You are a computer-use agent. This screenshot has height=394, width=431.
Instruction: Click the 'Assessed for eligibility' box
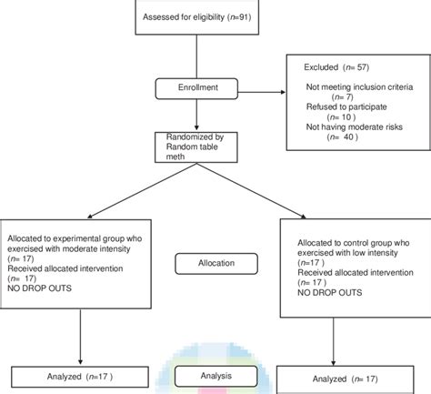(x=192, y=18)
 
